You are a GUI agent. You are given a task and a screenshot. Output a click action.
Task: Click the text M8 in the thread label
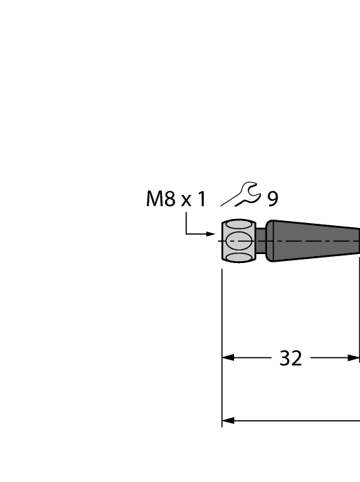(161, 200)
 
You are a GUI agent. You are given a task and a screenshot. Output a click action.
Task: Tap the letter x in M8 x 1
(186, 200)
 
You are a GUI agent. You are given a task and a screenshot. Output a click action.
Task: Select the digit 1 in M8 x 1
(201, 200)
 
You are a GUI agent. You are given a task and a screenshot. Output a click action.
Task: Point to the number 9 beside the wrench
(273, 200)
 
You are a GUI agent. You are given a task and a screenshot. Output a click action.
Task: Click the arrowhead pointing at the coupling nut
(211, 234)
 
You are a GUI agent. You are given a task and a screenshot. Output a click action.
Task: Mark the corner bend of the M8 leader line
(187, 234)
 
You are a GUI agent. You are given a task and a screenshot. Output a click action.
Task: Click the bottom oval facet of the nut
(238, 257)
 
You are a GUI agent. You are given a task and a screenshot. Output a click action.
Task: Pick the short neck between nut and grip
(261, 241)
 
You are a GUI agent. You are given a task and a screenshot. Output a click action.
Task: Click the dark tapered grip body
(313, 241)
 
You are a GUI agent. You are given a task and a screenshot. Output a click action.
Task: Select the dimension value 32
(290, 358)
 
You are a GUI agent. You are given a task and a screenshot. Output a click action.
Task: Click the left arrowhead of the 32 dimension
(228, 358)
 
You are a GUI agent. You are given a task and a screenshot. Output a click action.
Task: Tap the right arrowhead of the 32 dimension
(354, 358)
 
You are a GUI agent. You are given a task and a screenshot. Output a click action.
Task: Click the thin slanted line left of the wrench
(229, 200)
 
